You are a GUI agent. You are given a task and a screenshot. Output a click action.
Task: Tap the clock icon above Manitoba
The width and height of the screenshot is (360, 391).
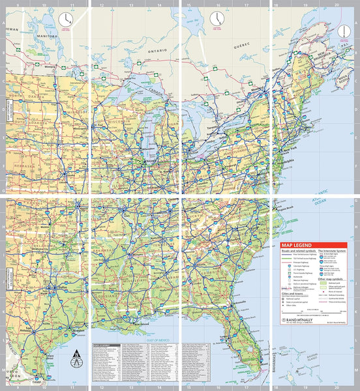[x=65, y=20]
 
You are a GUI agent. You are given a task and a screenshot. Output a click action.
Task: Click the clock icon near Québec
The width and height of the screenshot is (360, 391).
[x=215, y=19]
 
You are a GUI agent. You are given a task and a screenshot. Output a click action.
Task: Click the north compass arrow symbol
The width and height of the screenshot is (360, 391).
[x=78, y=356]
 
